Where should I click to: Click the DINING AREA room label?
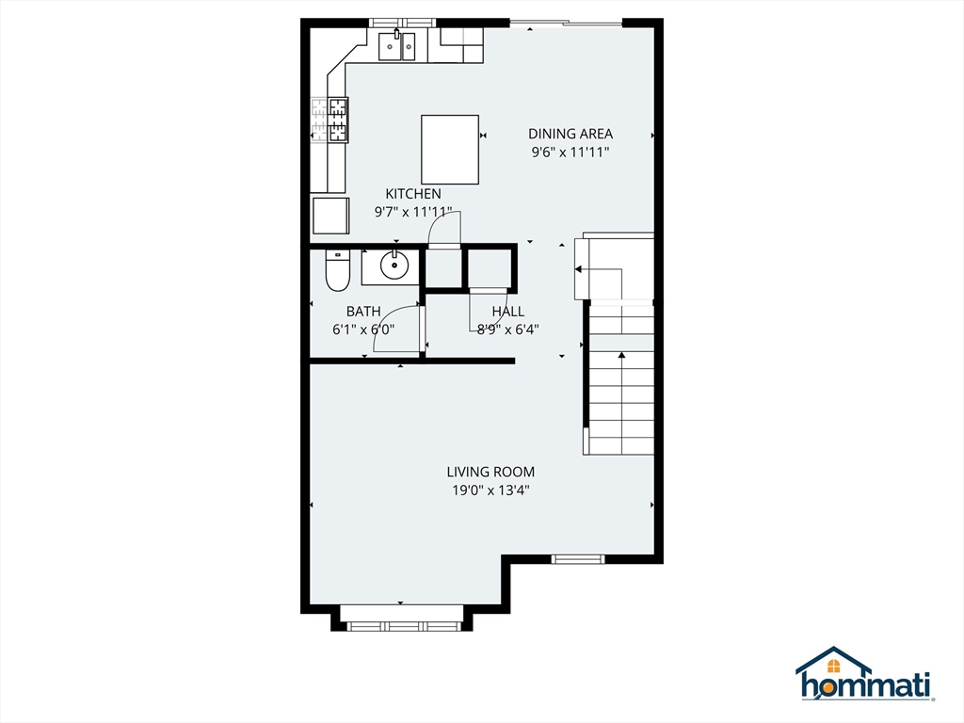[570, 134]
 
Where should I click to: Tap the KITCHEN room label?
[412, 194]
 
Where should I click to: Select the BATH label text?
[362, 312]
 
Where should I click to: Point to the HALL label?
[507, 312]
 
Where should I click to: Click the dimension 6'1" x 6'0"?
[362, 329]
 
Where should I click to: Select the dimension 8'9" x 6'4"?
[508, 329]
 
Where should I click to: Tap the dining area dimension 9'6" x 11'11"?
[570, 152]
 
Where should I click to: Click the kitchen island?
[449, 149]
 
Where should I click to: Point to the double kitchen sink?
[396, 46]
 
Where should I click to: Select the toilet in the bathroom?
[336, 270]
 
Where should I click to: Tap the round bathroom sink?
[394, 266]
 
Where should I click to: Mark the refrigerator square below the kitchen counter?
[329, 218]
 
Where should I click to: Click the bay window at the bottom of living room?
[401, 624]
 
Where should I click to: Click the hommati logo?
[863, 675]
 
